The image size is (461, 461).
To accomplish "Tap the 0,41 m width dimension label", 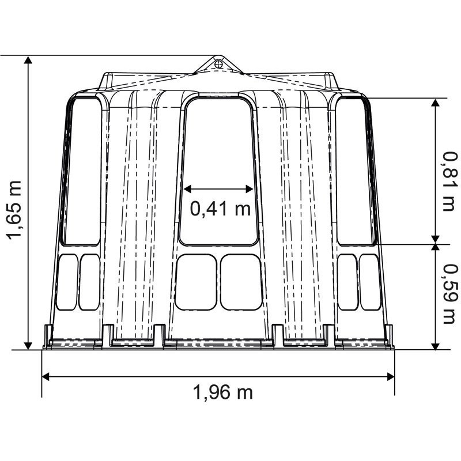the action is tap(221, 209).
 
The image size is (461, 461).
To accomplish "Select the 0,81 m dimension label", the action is tap(451, 182).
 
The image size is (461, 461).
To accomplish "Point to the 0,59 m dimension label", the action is tap(451, 294).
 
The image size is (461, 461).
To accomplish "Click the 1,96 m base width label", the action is tap(222, 392).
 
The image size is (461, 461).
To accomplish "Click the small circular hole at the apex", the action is tap(218, 63).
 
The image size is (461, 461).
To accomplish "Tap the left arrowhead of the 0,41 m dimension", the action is tap(187, 189).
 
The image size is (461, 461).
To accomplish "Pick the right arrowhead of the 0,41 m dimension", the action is tap(250, 189).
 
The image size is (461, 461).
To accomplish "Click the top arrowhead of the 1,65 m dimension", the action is tap(28, 60).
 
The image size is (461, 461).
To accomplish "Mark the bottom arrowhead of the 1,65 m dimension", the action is tap(28, 346).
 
